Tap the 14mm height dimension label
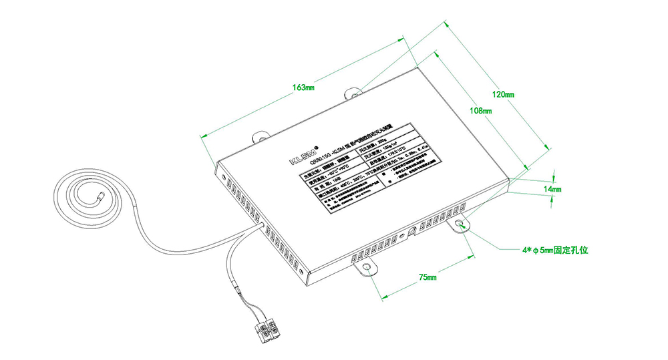coord(552,190)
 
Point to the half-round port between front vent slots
coord(411,231)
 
